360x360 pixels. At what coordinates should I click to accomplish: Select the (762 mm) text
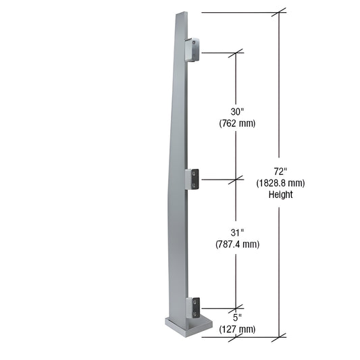coord(236,123)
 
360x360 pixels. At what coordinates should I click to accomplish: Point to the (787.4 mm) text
coord(236,244)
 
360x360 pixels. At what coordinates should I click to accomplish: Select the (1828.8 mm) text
coord(280,182)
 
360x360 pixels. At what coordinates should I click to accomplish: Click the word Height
coord(280,195)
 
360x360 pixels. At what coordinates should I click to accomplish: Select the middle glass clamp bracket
coord(192,179)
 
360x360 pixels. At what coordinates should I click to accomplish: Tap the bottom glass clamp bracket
coord(192,307)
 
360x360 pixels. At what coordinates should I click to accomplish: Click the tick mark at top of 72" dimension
coord(280,12)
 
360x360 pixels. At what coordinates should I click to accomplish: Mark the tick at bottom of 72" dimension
coord(280,335)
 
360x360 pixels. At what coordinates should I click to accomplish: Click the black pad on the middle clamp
coord(195,178)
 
